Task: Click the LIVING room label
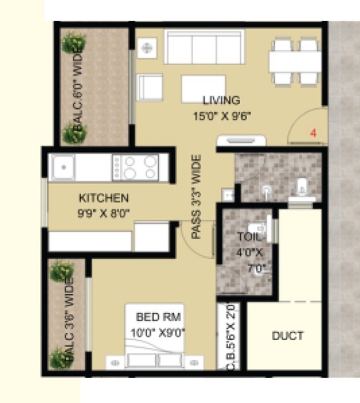(x=221, y=100)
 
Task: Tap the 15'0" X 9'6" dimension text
(x=222, y=115)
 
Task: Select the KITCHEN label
(x=104, y=199)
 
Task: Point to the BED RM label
(x=154, y=317)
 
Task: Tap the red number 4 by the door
(x=313, y=133)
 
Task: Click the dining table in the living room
(x=294, y=61)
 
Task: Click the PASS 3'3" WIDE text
(x=196, y=197)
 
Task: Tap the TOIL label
(x=249, y=236)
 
